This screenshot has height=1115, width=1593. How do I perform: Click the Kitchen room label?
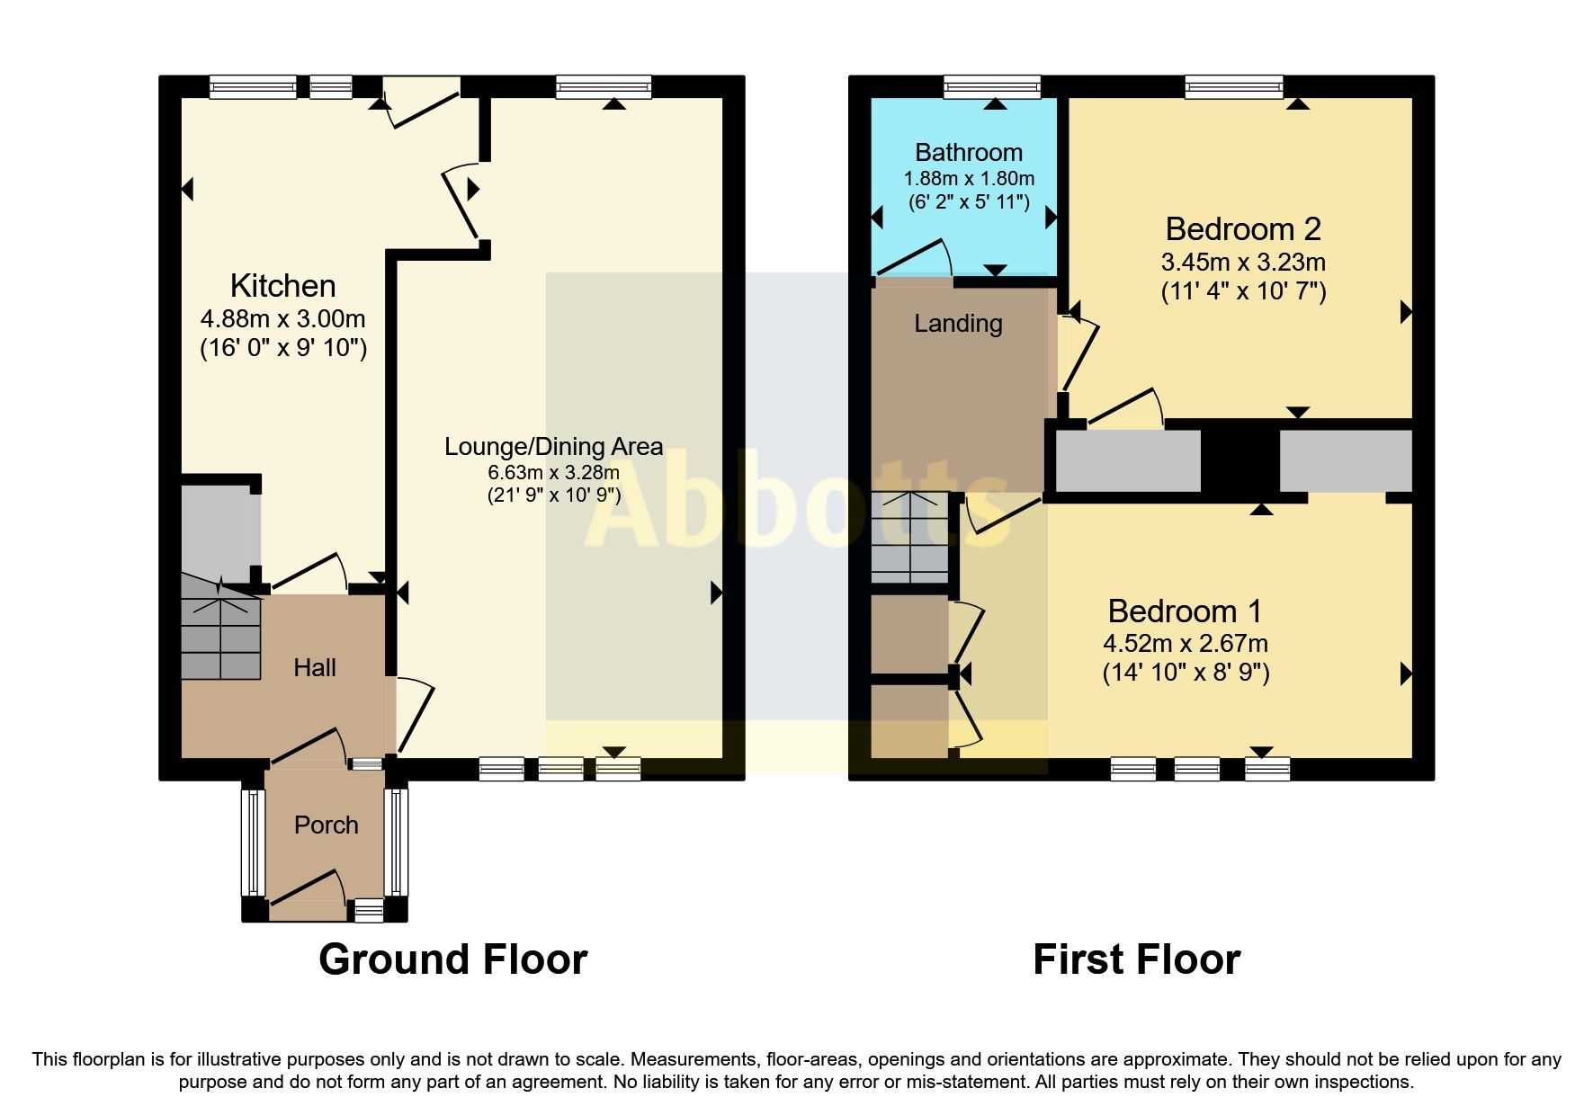coord(282,286)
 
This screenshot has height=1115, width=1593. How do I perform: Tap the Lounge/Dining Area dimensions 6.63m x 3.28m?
coord(553,472)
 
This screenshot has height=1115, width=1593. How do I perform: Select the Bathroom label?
coord(969,153)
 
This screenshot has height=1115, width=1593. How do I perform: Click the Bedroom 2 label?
coord(1243,229)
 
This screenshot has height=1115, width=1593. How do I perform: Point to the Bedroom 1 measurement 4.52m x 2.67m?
coord(1186,644)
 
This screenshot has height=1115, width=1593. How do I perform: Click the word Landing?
coord(958,324)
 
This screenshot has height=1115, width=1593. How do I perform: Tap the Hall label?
coord(315,667)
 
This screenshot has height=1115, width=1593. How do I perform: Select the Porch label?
coord(326,825)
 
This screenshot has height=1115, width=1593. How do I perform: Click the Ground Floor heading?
coord(452,959)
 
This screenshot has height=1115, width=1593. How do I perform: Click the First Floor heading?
coord(1136,959)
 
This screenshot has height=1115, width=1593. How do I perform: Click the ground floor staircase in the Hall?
coord(220,629)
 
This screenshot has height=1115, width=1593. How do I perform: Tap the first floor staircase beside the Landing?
coord(909,537)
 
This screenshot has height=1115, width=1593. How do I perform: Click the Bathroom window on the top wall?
coord(991,86)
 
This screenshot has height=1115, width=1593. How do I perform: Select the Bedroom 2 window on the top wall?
coord(1233,86)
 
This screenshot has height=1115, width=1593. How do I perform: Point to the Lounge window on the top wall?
coord(603,86)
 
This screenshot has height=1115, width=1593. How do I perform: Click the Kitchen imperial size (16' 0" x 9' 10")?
coord(282,348)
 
